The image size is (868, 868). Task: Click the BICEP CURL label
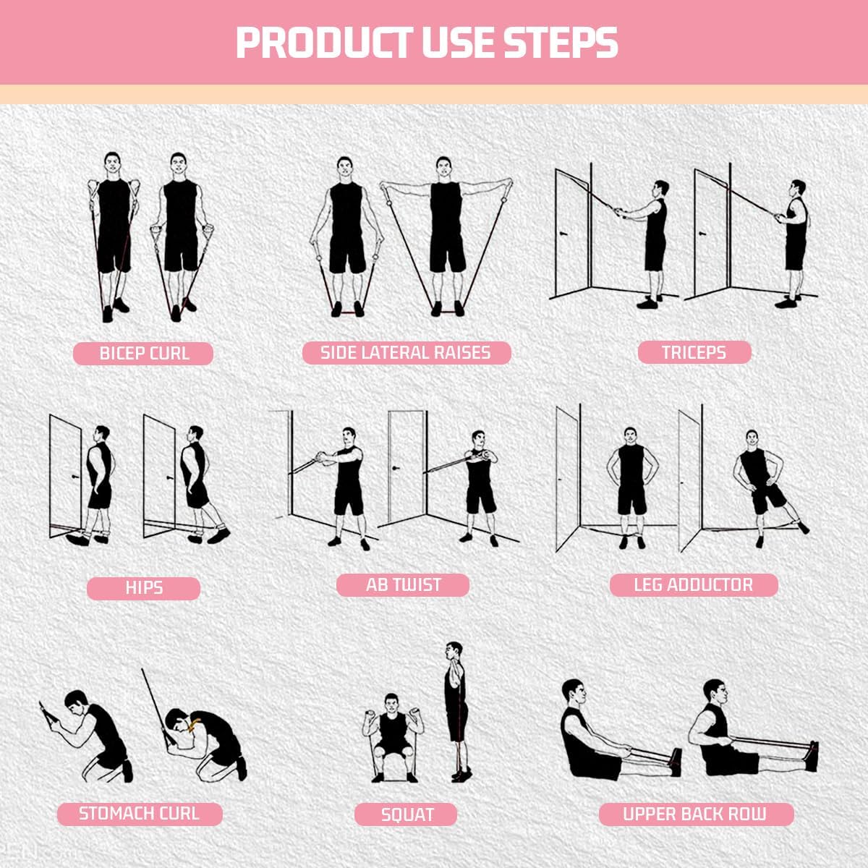click(x=143, y=354)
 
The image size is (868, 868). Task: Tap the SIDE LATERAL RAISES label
click(x=406, y=353)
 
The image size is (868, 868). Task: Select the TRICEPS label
click(x=694, y=352)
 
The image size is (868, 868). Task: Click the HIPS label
click(x=143, y=588)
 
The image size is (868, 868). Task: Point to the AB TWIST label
click(x=403, y=584)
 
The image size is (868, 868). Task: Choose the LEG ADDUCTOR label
click(x=693, y=584)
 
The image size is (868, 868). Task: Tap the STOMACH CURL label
click(x=139, y=813)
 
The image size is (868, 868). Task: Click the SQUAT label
click(x=407, y=815)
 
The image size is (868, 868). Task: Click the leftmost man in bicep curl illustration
click(x=114, y=231)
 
